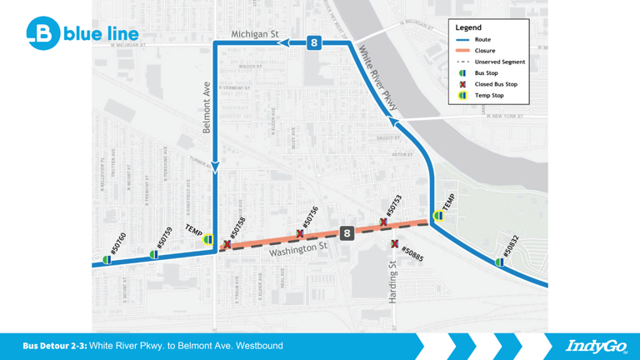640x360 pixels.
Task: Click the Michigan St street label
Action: coord(254,34)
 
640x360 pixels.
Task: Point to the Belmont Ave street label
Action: coord(207,107)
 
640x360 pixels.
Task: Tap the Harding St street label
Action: coord(392,282)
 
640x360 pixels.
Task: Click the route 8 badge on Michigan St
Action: coord(313,42)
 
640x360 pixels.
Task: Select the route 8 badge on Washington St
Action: coord(347,233)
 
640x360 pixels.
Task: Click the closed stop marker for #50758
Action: coord(226,245)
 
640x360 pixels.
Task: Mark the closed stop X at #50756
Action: coord(300,234)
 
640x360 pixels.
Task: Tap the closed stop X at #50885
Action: coord(395,244)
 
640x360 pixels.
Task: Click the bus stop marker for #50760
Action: coord(107,260)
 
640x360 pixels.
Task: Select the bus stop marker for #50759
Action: coord(153,254)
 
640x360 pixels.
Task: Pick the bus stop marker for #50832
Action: coord(499,262)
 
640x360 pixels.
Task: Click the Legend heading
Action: coord(468,27)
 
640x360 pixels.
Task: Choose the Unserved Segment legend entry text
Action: coord(500,62)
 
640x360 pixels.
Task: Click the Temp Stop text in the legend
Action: coord(489,95)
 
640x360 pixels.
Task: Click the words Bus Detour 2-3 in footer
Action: coord(54,346)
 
